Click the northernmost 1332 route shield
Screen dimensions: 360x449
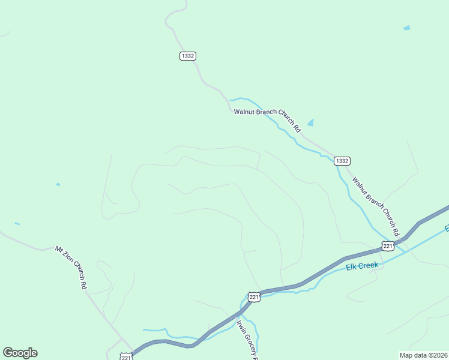187,56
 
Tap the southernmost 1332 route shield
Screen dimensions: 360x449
342,161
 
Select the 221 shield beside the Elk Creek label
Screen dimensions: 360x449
388,245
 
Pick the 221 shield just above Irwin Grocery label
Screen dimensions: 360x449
254,297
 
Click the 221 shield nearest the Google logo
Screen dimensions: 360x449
125,357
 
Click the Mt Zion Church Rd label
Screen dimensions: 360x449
71,267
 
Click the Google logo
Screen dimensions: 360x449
20,353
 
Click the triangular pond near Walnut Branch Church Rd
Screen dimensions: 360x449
310,122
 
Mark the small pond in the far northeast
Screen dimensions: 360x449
406,28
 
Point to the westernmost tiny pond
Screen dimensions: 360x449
17,224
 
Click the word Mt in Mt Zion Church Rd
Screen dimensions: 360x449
58,248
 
